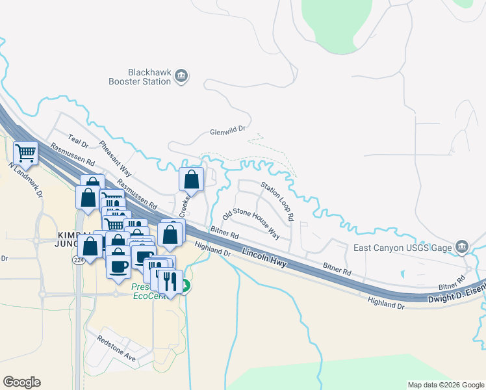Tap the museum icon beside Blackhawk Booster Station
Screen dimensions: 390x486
[182, 77]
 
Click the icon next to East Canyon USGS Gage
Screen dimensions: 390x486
[462, 247]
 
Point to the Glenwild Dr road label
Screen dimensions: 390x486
[227, 131]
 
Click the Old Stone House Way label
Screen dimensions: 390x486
[251, 224]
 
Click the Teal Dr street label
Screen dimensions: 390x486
[78, 142]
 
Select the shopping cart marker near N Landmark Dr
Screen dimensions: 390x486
[25, 153]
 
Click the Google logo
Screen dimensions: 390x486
[21, 382]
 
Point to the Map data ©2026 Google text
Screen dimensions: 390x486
[445, 385]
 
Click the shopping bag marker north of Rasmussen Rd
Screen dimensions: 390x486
[192, 179]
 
